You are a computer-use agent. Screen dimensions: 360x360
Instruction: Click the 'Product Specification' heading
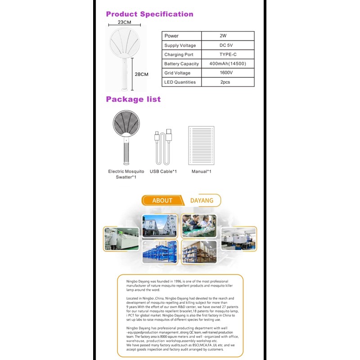149,14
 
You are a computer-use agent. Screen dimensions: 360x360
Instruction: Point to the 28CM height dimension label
141,74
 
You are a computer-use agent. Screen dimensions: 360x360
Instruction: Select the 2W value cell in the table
223,36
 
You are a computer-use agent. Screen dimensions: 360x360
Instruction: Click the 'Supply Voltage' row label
180,45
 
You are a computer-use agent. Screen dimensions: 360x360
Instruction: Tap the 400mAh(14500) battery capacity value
228,64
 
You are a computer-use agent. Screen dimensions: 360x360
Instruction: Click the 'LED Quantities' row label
180,82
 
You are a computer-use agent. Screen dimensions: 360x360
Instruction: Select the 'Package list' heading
133,99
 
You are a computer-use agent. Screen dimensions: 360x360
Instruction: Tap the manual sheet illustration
201,146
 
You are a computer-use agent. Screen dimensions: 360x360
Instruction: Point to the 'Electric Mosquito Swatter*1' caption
126,174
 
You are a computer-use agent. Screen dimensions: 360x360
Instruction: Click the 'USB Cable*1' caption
163,171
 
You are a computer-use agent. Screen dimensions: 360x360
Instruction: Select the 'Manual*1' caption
201,171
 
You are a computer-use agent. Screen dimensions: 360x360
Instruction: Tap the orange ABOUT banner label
162,201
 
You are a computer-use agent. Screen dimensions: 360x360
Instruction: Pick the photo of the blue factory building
160,225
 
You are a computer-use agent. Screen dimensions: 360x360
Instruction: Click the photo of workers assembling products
198,225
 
